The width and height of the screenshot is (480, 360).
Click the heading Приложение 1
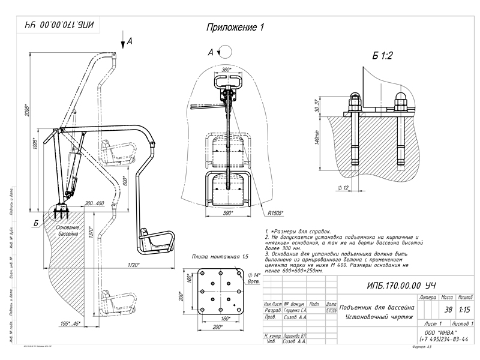click(235, 28)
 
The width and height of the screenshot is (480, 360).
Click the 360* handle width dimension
click(226, 70)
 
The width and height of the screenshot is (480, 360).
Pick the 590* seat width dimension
click(227, 212)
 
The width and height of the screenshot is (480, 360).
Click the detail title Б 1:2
click(382, 56)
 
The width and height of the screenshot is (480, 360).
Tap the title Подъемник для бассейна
click(373, 307)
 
